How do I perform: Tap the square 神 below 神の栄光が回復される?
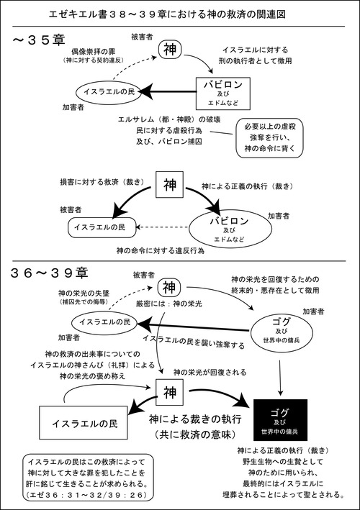pos(171,393)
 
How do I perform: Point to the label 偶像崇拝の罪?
pos(98,53)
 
